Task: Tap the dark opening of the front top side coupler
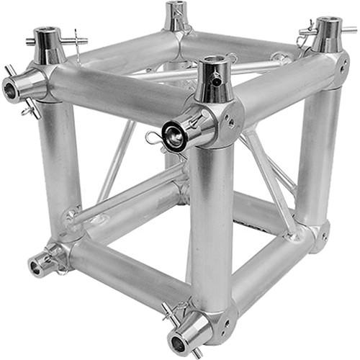tap(174, 135)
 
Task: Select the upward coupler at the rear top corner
tap(176, 16)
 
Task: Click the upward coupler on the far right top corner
tap(328, 34)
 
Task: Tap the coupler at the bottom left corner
tap(40, 265)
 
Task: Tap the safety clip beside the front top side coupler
tap(153, 137)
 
